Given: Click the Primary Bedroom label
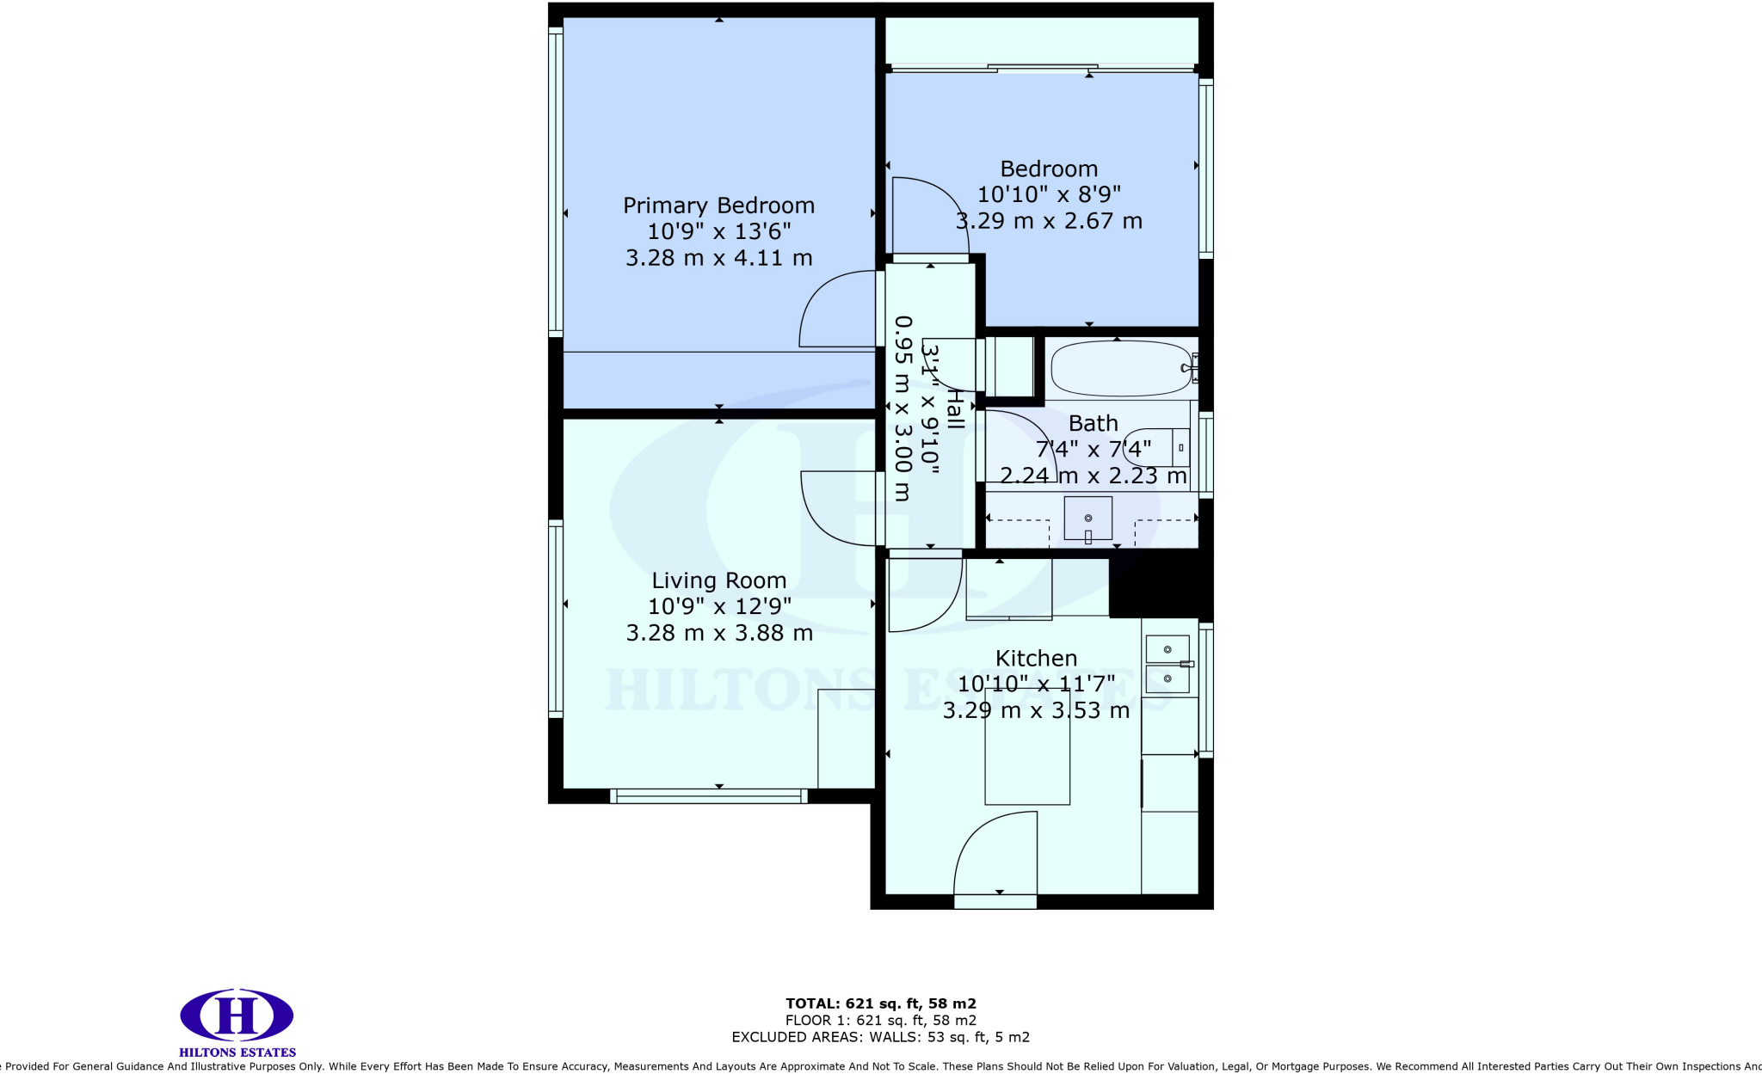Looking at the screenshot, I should tap(718, 206).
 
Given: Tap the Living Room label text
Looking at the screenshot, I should tap(718, 580).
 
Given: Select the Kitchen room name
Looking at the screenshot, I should tap(1036, 658).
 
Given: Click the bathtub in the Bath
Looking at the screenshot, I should tap(1120, 369).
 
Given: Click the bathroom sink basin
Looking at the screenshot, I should tap(1087, 519).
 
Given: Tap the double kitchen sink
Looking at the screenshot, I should tap(1167, 664).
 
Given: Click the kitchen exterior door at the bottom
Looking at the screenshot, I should tap(995, 901).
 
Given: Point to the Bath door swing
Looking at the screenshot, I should tap(1020, 445).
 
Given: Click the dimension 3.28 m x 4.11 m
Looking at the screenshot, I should tap(718, 258).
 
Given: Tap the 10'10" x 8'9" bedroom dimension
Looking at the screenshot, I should tap(1049, 195).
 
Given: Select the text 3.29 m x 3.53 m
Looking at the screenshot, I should tap(1036, 710).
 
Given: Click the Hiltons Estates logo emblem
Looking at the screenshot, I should tap(237, 1015).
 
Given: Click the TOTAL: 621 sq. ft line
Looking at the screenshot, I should tap(880, 1003).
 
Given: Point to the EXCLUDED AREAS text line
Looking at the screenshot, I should tap(880, 1037).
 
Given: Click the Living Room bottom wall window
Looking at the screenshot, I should tap(708, 796).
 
